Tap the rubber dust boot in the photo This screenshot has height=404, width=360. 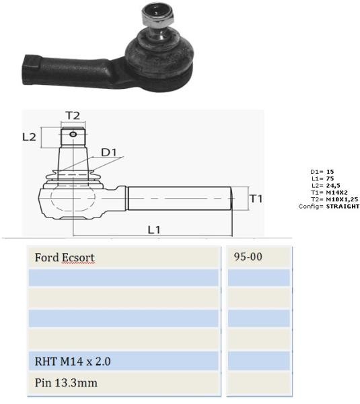click(x=159, y=53)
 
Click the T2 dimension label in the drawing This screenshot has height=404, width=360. click(x=73, y=116)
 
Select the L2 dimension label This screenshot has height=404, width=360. click(x=30, y=137)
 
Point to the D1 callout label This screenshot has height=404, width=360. click(x=108, y=153)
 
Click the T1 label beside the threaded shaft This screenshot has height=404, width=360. click(x=256, y=199)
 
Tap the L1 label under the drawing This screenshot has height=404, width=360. click(x=154, y=230)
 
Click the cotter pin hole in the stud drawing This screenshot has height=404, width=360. click(x=73, y=134)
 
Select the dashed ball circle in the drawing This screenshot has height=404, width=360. click(x=73, y=197)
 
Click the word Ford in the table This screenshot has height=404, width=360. click(x=47, y=257)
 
